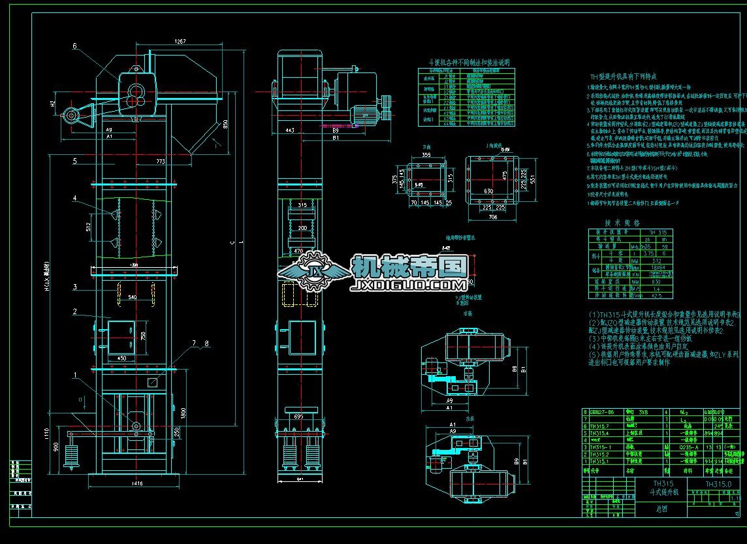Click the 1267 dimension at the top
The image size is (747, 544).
tap(180, 41)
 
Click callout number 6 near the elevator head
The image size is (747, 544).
tap(75, 46)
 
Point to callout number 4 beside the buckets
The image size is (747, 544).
tap(75, 197)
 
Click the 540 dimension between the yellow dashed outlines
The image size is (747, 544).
tap(133, 297)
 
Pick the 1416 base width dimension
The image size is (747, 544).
tap(136, 483)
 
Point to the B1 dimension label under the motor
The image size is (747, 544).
tap(336, 138)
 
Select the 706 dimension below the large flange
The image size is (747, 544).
tap(492, 216)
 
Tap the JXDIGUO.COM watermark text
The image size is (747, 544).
tap(409, 285)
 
